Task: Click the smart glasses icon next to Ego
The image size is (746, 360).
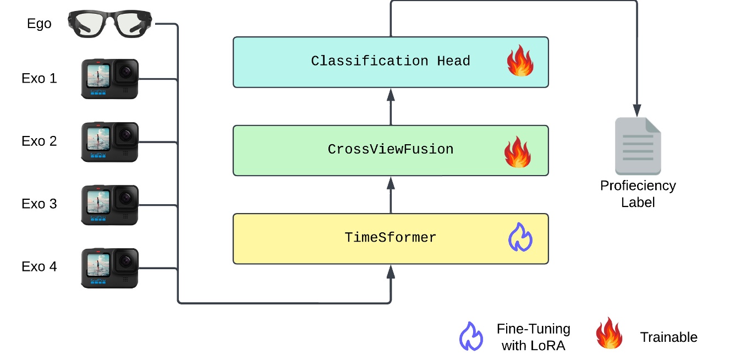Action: point(112,24)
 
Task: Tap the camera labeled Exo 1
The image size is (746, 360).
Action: point(109,79)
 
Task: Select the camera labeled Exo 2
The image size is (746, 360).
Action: point(109,141)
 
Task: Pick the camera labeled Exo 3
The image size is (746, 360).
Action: point(109,204)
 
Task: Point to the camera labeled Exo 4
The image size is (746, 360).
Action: point(109,268)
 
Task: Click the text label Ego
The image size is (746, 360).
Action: point(39,24)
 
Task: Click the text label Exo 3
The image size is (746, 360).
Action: point(39,204)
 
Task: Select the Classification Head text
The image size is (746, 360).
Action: point(390,61)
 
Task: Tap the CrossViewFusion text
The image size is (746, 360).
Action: point(390,150)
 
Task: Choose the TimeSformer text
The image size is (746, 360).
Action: point(390,238)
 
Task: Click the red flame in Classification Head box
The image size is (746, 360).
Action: point(519,61)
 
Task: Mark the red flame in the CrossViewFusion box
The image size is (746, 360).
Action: point(518,152)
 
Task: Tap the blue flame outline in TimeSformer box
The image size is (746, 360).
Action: point(519,237)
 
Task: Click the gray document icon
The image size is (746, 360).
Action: point(638,146)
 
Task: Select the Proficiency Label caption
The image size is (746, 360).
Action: point(638,194)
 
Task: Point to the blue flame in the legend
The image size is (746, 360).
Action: point(471,336)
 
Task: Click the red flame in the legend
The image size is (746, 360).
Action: point(609,334)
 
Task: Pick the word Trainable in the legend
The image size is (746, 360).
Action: point(668,337)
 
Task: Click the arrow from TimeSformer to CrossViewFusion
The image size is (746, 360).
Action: point(391,195)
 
